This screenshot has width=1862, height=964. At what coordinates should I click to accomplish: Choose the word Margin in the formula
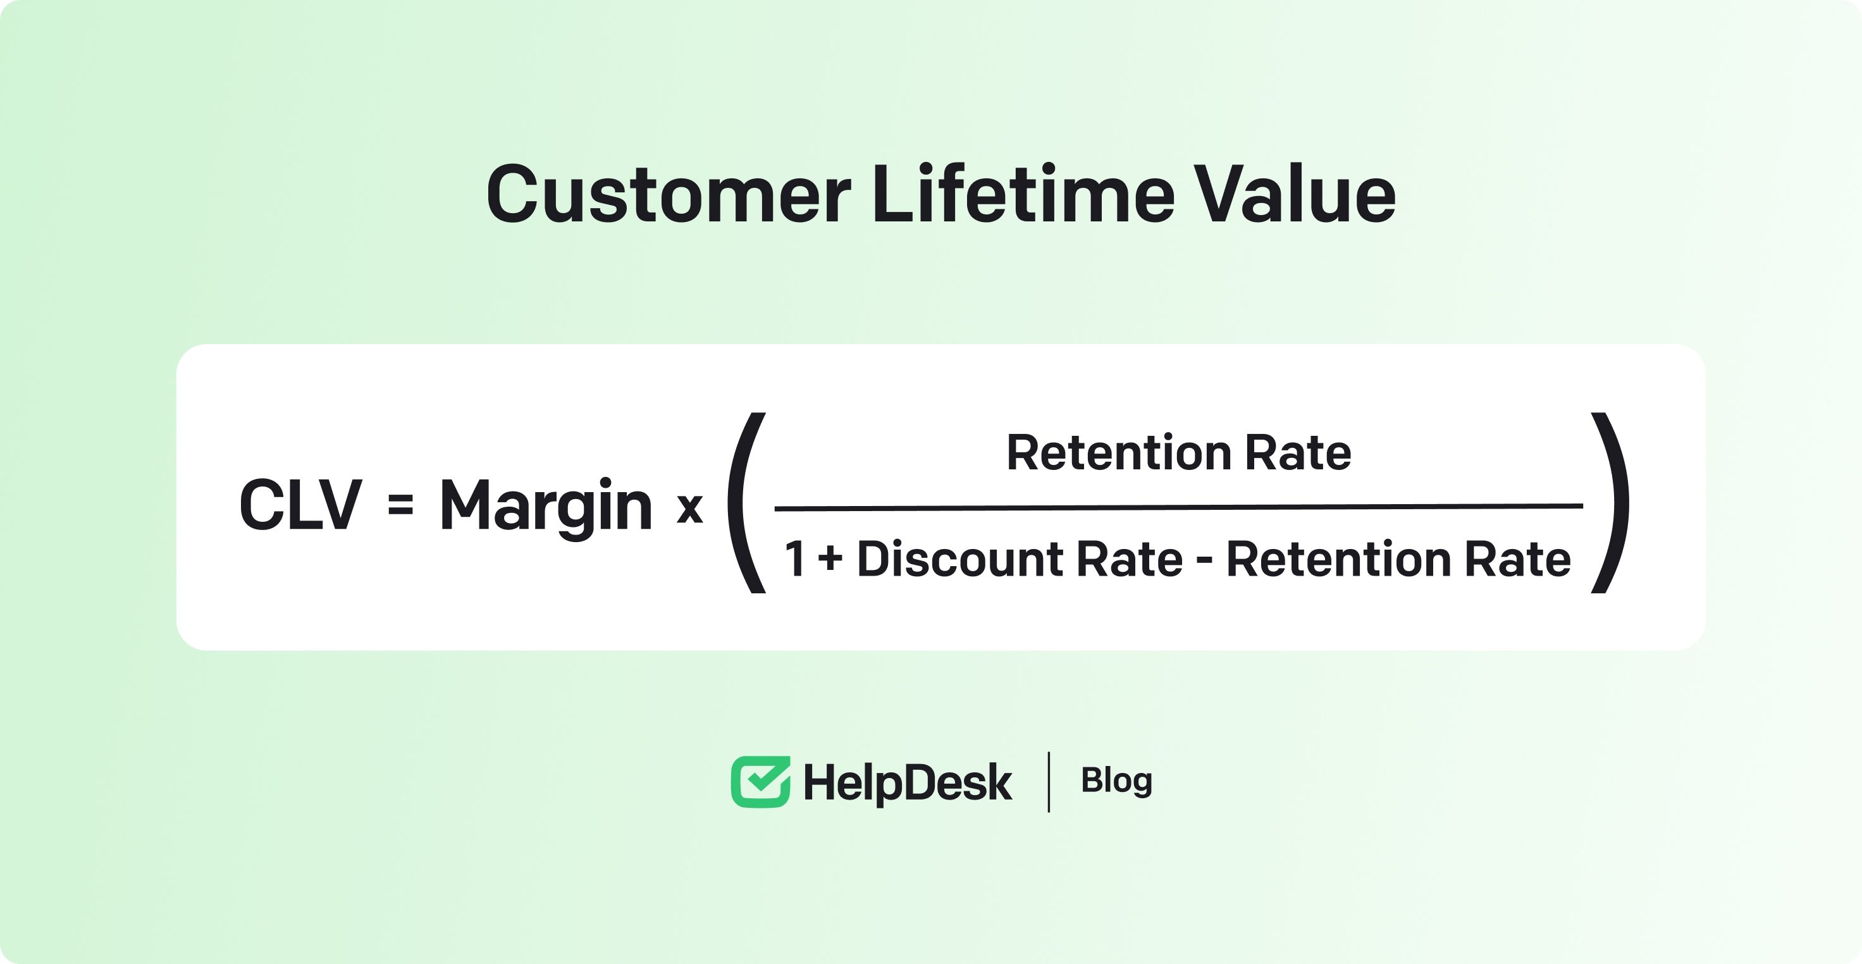point(546,509)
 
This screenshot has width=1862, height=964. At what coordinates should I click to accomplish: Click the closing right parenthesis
point(1610,503)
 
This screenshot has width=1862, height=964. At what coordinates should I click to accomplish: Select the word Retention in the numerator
point(1119,452)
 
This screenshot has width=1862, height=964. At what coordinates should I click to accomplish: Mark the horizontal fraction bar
point(1178,507)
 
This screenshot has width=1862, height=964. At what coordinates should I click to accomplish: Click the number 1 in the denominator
point(795,559)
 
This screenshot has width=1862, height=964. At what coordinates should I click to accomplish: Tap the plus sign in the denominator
point(830,559)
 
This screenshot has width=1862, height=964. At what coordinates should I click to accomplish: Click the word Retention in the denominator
point(1340,559)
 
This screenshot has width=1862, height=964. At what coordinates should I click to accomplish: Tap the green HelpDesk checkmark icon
point(760,782)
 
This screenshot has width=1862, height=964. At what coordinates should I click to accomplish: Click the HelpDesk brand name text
point(908,783)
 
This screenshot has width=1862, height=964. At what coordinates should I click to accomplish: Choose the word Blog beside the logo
point(1117,781)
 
